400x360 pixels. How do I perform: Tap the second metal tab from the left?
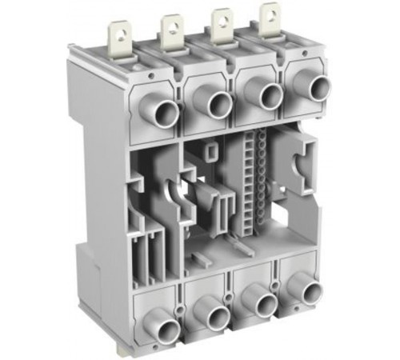pos(171,29)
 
